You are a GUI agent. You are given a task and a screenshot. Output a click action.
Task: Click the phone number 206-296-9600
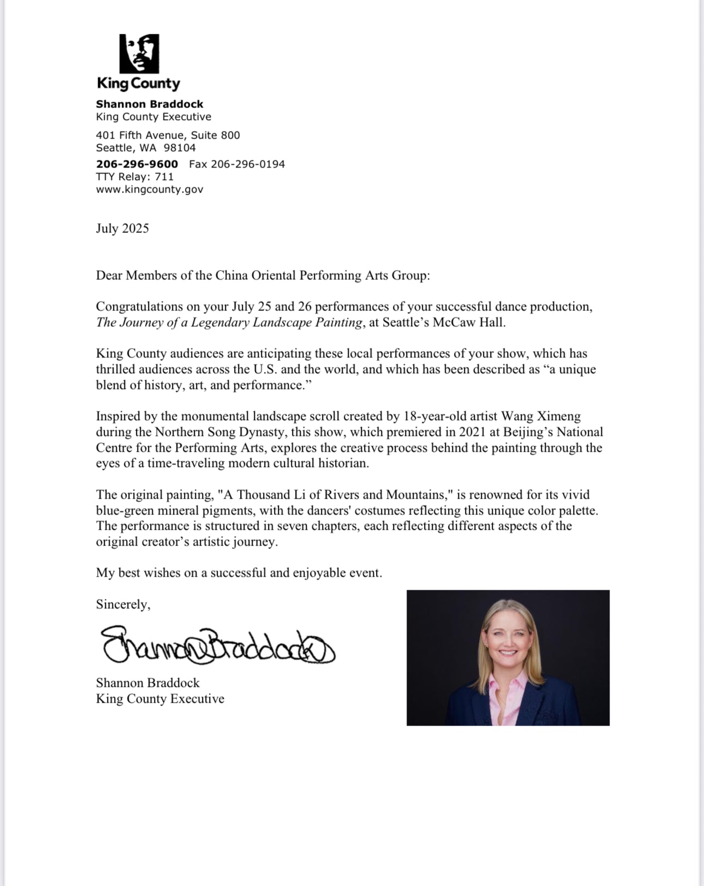click(137, 164)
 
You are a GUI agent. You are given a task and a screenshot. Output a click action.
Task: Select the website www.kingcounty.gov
click(150, 189)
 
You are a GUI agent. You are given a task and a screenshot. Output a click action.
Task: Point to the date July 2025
click(122, 228)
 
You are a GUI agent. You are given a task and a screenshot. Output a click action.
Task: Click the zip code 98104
click(180, 148)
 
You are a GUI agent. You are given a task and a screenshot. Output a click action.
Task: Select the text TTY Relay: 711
click(135, 177)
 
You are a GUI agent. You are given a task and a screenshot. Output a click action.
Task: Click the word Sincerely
click(123, 604)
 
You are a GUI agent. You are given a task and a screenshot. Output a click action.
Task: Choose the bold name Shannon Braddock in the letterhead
click(150, 104)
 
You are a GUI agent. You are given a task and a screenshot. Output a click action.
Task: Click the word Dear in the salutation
click(109, 276)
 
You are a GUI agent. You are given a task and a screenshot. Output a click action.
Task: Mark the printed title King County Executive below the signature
click(160, 699)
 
